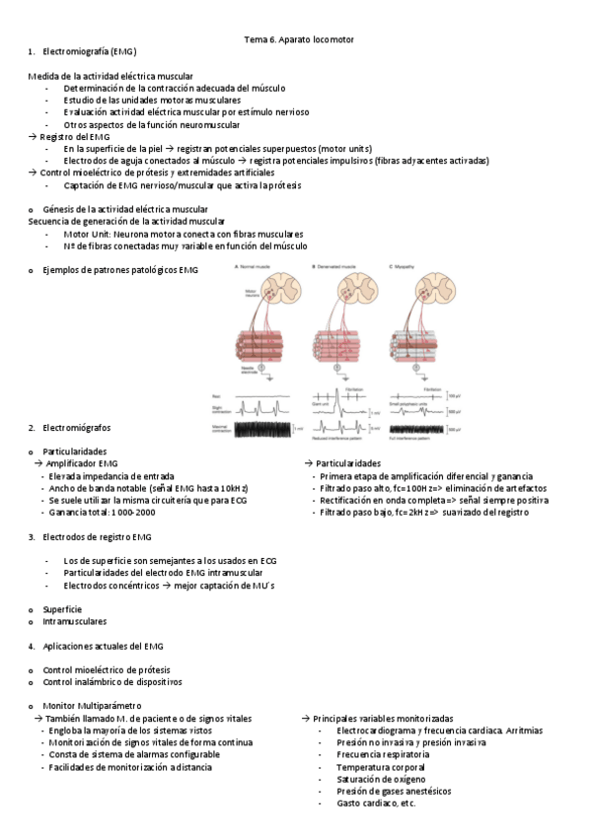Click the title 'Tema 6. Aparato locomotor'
(x=298, y=38)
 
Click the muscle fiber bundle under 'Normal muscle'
(x=259, y=345)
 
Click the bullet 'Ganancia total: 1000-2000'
(x=102, y=513)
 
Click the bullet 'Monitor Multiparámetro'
(x=92, y=706)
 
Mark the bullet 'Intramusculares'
(x=74, y=621)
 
